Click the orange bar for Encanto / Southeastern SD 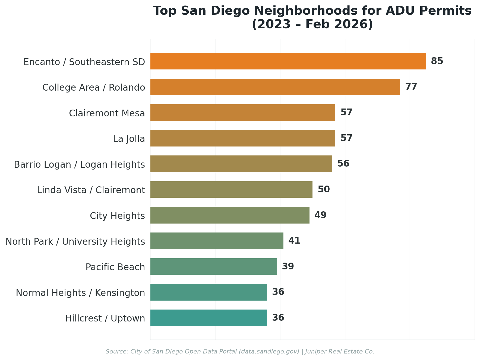click(288, 61)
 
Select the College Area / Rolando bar click(275, 87)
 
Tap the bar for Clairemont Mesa click(243, 113)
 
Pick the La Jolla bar click(243, 138)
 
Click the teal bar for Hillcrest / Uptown click(209, 318)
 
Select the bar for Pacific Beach click(213, 267)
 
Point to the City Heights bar click(230, 215)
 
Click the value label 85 click(437, 61)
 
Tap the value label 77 click(411, 87)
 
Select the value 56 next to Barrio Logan click(343, 164)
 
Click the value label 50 click(323, 189)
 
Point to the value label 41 click(294, 241)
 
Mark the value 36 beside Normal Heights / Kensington click(278, 292)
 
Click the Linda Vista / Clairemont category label click(91, 190)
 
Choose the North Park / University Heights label click(75, 241)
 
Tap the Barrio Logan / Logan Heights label click(79, 165)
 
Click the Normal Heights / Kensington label click(80, 293)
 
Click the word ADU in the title click(401, 11)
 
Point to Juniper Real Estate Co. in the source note click(340, 352)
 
